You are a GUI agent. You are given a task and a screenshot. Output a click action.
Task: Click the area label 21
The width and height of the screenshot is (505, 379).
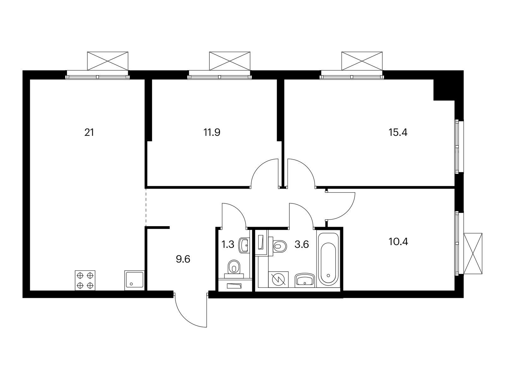(89, 133)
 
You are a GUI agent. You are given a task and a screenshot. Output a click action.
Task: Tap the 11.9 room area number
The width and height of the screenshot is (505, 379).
(212, 133)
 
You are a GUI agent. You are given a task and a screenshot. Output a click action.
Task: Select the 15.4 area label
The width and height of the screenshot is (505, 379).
(398, 133)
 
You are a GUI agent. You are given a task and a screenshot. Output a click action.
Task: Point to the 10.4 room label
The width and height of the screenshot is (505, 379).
(398, 242)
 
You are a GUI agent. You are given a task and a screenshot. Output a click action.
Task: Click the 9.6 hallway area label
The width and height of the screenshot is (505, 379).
(183, 260)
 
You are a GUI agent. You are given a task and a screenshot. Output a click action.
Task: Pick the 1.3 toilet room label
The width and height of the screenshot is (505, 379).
(228, 245)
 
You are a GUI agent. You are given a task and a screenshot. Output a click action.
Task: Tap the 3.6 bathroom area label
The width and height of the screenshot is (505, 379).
(302, 245)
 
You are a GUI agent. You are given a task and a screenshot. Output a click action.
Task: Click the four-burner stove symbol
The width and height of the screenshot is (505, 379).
(85, 280)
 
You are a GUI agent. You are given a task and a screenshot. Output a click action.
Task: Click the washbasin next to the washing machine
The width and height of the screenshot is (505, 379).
(305, 280)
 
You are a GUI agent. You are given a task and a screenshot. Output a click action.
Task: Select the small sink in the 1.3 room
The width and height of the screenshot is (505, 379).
(245, 245)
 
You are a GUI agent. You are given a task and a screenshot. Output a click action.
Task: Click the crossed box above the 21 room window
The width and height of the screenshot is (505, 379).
(108, 61)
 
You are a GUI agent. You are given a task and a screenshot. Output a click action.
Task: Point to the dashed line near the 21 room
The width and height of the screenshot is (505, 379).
(146, 207)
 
